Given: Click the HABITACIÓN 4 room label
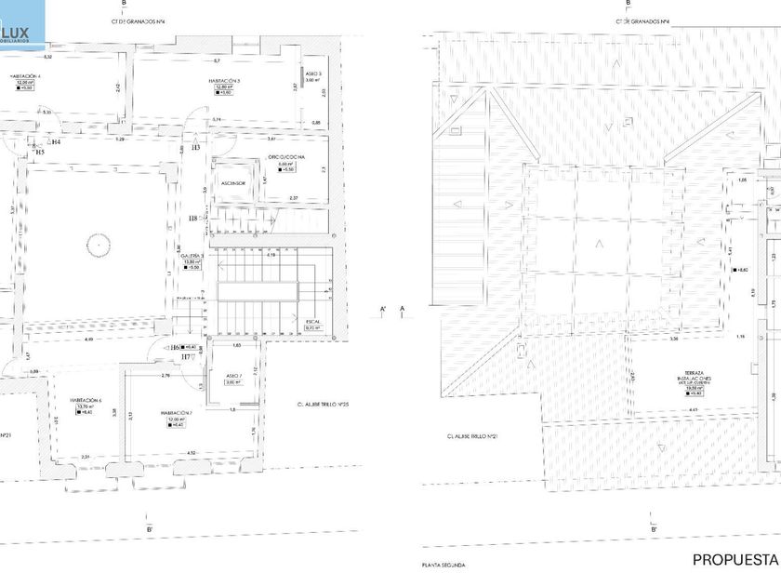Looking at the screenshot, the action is (x=25, y=76).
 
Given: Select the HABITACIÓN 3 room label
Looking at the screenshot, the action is (x=225, y=81).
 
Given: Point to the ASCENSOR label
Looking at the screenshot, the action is (x=232, y=183).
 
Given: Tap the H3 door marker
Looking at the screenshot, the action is (x=195, y=148).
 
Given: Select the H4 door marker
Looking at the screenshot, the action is (x=56, y=142).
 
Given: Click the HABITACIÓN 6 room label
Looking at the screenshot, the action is (x=86, y=401).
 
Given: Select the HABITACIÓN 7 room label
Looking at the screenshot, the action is (x=176, y=412).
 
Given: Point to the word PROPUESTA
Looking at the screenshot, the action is (x=735, y=559).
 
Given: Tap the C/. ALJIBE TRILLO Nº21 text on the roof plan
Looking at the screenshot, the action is (x=474, y=435).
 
